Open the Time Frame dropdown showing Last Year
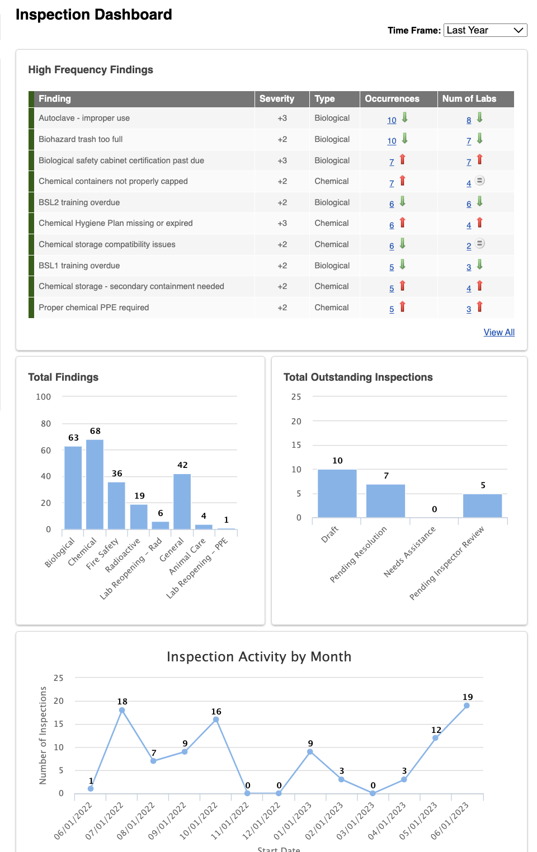[x=485, y=30]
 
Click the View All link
[x=499, y=332]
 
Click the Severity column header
[x=277, y=99]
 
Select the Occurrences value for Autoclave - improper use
[x=392, y=120]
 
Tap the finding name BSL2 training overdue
[x=79, y=202]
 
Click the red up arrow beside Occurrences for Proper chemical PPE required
[x=402, y=307]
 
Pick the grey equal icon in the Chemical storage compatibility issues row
[x=480, y=244]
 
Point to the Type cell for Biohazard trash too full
[x=332, y=139]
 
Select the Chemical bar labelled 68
[x=95, y=484]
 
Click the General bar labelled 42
[x=182, y=501]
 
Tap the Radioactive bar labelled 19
[x=139, y=517]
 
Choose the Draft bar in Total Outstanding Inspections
[x=337, y=493]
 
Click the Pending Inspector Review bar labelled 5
[x=482, y=505]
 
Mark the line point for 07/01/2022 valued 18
[x=122, y=710]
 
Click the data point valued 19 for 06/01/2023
[x=467, y=706]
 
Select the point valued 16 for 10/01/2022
[x=216, y=720]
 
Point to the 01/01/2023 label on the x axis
[x=293, y=821]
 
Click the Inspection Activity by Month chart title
[x=259, y=656]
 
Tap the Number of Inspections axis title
[x=43, y=735]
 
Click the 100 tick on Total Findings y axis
[x=44, y=397]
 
